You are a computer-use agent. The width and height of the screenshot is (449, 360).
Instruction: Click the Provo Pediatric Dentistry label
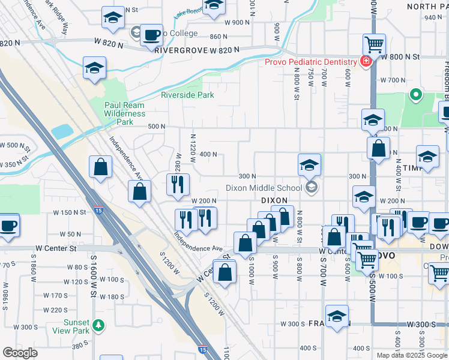313,62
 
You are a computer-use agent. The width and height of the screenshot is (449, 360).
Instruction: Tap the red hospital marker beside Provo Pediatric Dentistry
364,61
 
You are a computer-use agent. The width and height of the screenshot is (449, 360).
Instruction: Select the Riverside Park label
187,94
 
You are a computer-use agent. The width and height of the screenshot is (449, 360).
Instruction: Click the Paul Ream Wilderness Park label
125,113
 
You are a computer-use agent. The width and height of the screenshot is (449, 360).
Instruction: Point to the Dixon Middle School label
264,188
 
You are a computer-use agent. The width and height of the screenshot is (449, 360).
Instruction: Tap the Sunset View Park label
71,326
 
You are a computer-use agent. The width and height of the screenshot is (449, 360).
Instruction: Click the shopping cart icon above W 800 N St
374,44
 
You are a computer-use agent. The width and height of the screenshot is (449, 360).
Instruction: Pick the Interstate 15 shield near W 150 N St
97,210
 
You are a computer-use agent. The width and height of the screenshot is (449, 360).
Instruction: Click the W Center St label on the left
56,248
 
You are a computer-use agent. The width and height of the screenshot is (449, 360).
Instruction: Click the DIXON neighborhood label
274,200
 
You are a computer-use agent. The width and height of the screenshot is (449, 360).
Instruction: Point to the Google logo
20,353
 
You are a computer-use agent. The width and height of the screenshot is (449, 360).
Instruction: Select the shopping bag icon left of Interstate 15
100,167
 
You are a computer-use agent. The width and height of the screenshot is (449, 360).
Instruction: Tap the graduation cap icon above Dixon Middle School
310,164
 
